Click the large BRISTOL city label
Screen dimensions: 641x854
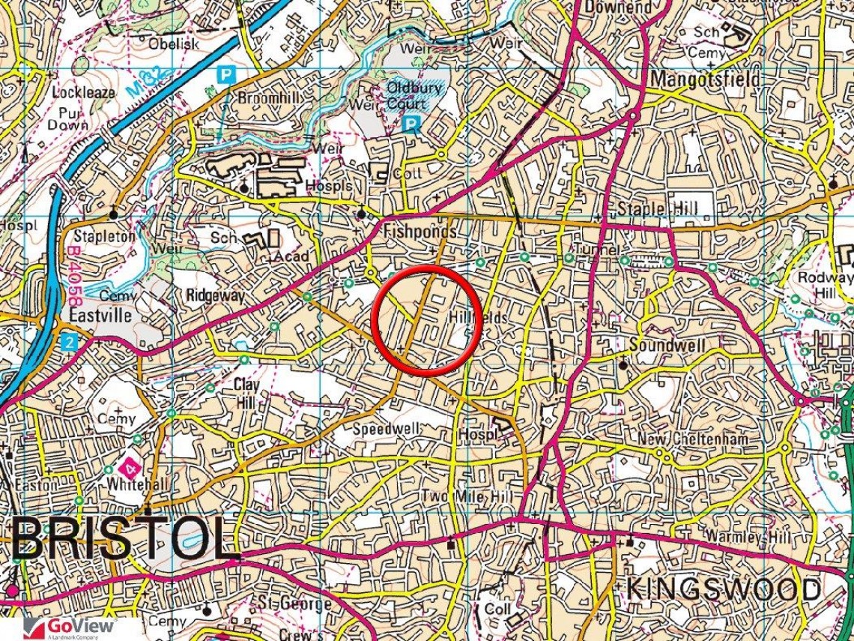(x=124, y=538)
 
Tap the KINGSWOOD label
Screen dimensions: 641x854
(x=723, y=589)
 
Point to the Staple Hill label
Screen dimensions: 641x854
(x=656, y=208)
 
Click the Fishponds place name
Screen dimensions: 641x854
(x=420, y=232)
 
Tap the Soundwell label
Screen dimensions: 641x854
(x=667, y=346)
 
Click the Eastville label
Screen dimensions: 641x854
(x=100, y=316)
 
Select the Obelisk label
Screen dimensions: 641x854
(x=174, y=44)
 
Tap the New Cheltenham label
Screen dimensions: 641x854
(x=692, y=439)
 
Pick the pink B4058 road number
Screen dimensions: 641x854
(x=73, y=271)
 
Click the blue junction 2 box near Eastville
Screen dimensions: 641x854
(x=70, y=342)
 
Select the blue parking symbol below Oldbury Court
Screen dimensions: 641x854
(x=411, y=124)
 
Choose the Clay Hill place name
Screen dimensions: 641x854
(x=245, y=394)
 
